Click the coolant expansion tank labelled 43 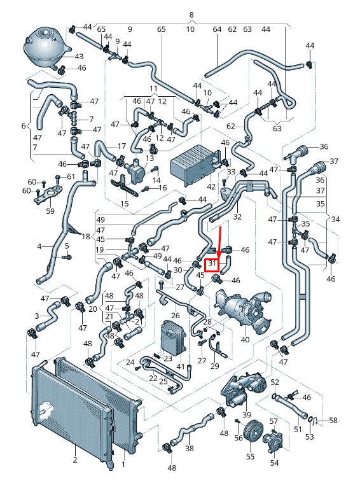46,48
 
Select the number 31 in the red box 212,263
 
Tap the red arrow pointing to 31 220,242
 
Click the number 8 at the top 191,15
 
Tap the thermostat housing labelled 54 272,442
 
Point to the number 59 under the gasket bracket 50,211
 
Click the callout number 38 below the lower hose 190,448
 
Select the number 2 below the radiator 75,460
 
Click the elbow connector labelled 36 296,153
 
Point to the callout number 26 175,315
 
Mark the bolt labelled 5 67,256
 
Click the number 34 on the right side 335,220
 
